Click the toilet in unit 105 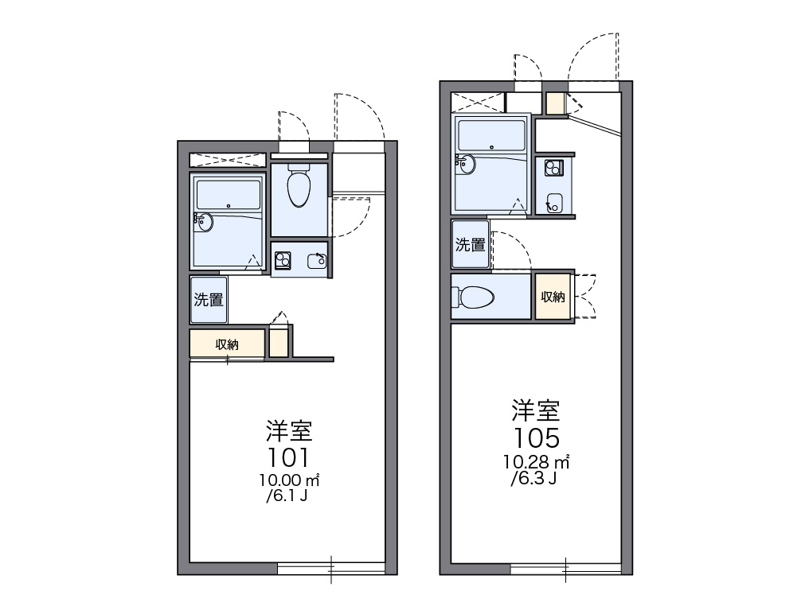coord(473,297)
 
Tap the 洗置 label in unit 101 coord(209,300)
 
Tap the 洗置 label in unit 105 coord(470,244)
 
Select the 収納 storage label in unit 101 coord(227,344)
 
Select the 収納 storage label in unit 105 coord(553,297)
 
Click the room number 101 coord(288,457)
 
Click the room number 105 coord(536,437)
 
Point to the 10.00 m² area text coord(290,480)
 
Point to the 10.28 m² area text coord(537,462)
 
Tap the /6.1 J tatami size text coord(287,496)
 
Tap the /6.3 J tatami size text coord(533,479)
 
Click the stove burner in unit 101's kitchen coord(283,260)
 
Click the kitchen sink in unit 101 coord(317,262)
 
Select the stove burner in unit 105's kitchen coord(553,168)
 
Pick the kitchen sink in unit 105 coord(555,203)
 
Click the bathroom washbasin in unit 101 coord(204,222)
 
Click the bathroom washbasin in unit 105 coord(466,165)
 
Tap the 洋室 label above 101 coord(290,431)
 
